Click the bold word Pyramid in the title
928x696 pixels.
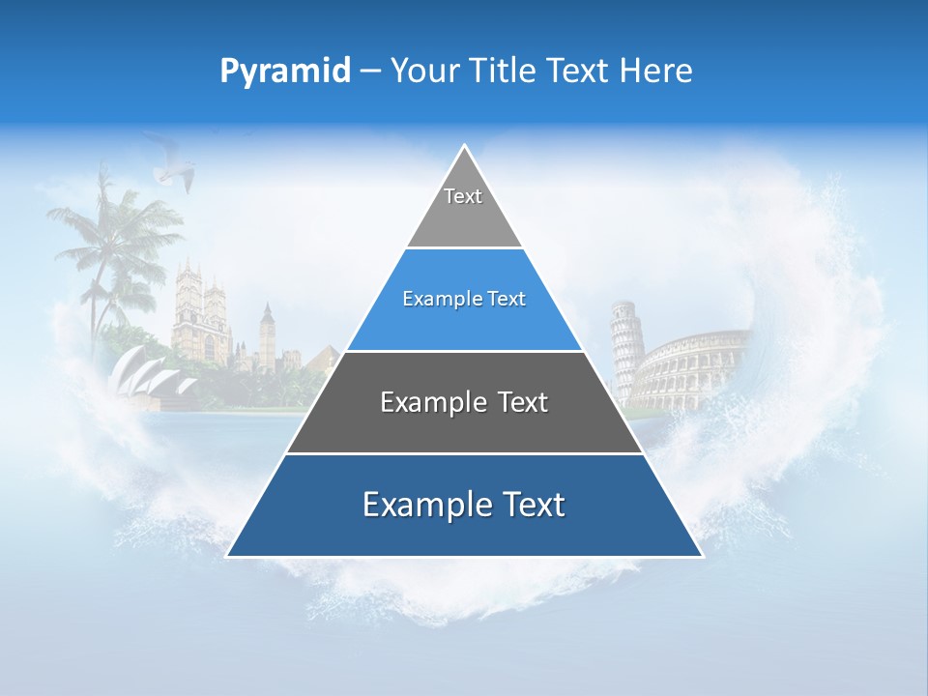(x=285, y=72)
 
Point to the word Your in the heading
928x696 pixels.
(x=425, y=72)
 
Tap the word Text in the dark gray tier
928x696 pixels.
(x=523, y=402)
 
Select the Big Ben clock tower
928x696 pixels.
(x=266, y=333)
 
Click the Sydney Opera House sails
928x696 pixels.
(x=145, y=372)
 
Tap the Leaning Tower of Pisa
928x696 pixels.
(x=624, y=348)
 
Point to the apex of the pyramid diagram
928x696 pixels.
(x=464, y=148)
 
